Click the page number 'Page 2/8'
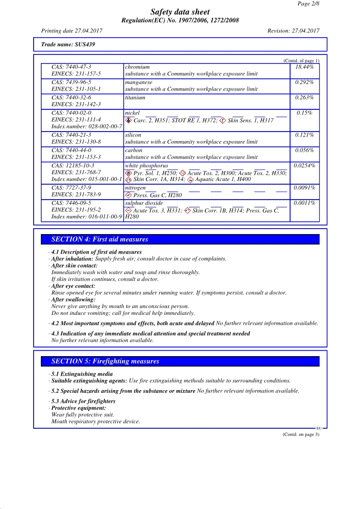point(309,4)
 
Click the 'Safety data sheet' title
point(180,12)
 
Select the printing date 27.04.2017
point(72,31)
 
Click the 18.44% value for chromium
point(304,67)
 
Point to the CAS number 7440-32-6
point(71,98)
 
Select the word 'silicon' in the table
point(133,135)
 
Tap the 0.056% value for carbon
point(304,151)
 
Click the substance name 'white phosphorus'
point(146,166)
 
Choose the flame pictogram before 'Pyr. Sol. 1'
point(128,173)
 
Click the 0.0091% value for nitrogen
point(304,188)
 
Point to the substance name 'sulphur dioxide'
point(144,203)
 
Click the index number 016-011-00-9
point(87,217)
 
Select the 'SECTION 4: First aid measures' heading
point(100,240)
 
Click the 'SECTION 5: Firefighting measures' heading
point(105,362)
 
